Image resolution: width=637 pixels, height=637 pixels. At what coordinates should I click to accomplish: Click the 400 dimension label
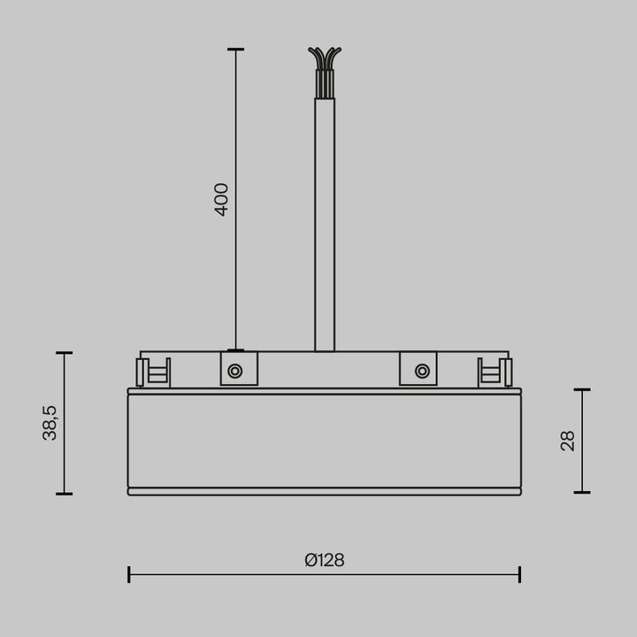click(x=222, y=199)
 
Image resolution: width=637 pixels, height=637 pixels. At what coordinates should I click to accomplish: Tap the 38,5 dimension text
click(x=50, y=423)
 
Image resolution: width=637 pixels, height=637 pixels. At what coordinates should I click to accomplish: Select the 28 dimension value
click(x=568, y=441)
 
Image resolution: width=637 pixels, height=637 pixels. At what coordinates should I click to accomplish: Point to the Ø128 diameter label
click(x=324, y=560)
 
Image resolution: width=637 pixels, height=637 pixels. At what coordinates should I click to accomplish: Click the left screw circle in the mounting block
click(x=234, y=371)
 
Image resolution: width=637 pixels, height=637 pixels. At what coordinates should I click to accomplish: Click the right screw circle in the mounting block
click(x=422, y=371)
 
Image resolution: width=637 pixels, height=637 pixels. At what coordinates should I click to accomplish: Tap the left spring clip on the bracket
click(x=152, y=372)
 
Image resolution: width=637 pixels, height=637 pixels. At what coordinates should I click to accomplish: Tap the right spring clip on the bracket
click(x=495, y=372)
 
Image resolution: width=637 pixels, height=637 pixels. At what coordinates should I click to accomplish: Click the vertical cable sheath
click(x=325, y=221)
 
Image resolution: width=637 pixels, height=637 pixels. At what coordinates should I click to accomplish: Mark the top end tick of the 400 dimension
click(x=235, y=50)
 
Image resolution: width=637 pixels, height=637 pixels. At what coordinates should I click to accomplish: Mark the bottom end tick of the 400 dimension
click(x=235, y=350)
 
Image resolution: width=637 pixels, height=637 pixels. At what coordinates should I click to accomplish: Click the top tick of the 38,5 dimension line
click(x=64, y=353)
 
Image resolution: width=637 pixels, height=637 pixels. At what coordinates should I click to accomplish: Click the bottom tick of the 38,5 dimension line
click(x=64, y=494)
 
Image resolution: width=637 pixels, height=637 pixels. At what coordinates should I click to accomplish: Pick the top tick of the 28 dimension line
click(x=582, y=389)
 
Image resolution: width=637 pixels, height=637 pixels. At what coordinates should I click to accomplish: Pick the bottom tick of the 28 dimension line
click(x=582, y=493)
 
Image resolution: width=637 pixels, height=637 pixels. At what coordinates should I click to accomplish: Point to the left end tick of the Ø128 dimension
click(x=129, y=574)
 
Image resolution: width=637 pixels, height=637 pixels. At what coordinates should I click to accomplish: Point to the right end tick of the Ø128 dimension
click(x=519, y=574)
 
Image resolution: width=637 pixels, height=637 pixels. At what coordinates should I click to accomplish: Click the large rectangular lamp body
click(x=324, y=441)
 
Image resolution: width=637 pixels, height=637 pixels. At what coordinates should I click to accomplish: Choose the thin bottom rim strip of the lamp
click(x=324, y=492)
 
